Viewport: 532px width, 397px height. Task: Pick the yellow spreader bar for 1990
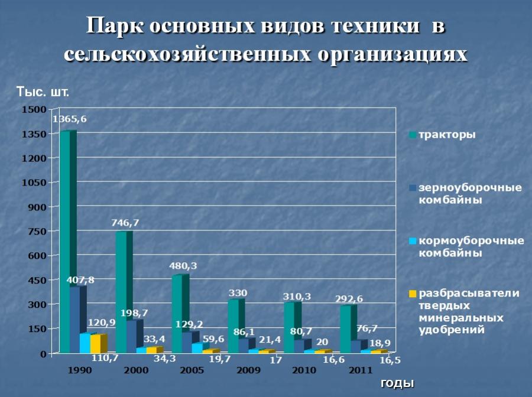tap(96, 344)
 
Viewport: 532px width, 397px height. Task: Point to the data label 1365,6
tap(70, 119)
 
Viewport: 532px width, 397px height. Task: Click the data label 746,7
tap(125, 222)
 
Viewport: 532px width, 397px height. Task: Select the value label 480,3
tap(184, 266)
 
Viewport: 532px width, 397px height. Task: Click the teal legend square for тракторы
tap(413, 135)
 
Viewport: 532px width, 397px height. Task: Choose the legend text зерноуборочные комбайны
tap(471, 194)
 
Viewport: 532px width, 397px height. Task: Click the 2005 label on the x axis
tap(192, 370)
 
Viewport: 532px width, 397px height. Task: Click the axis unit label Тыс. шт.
tap(43, 92)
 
